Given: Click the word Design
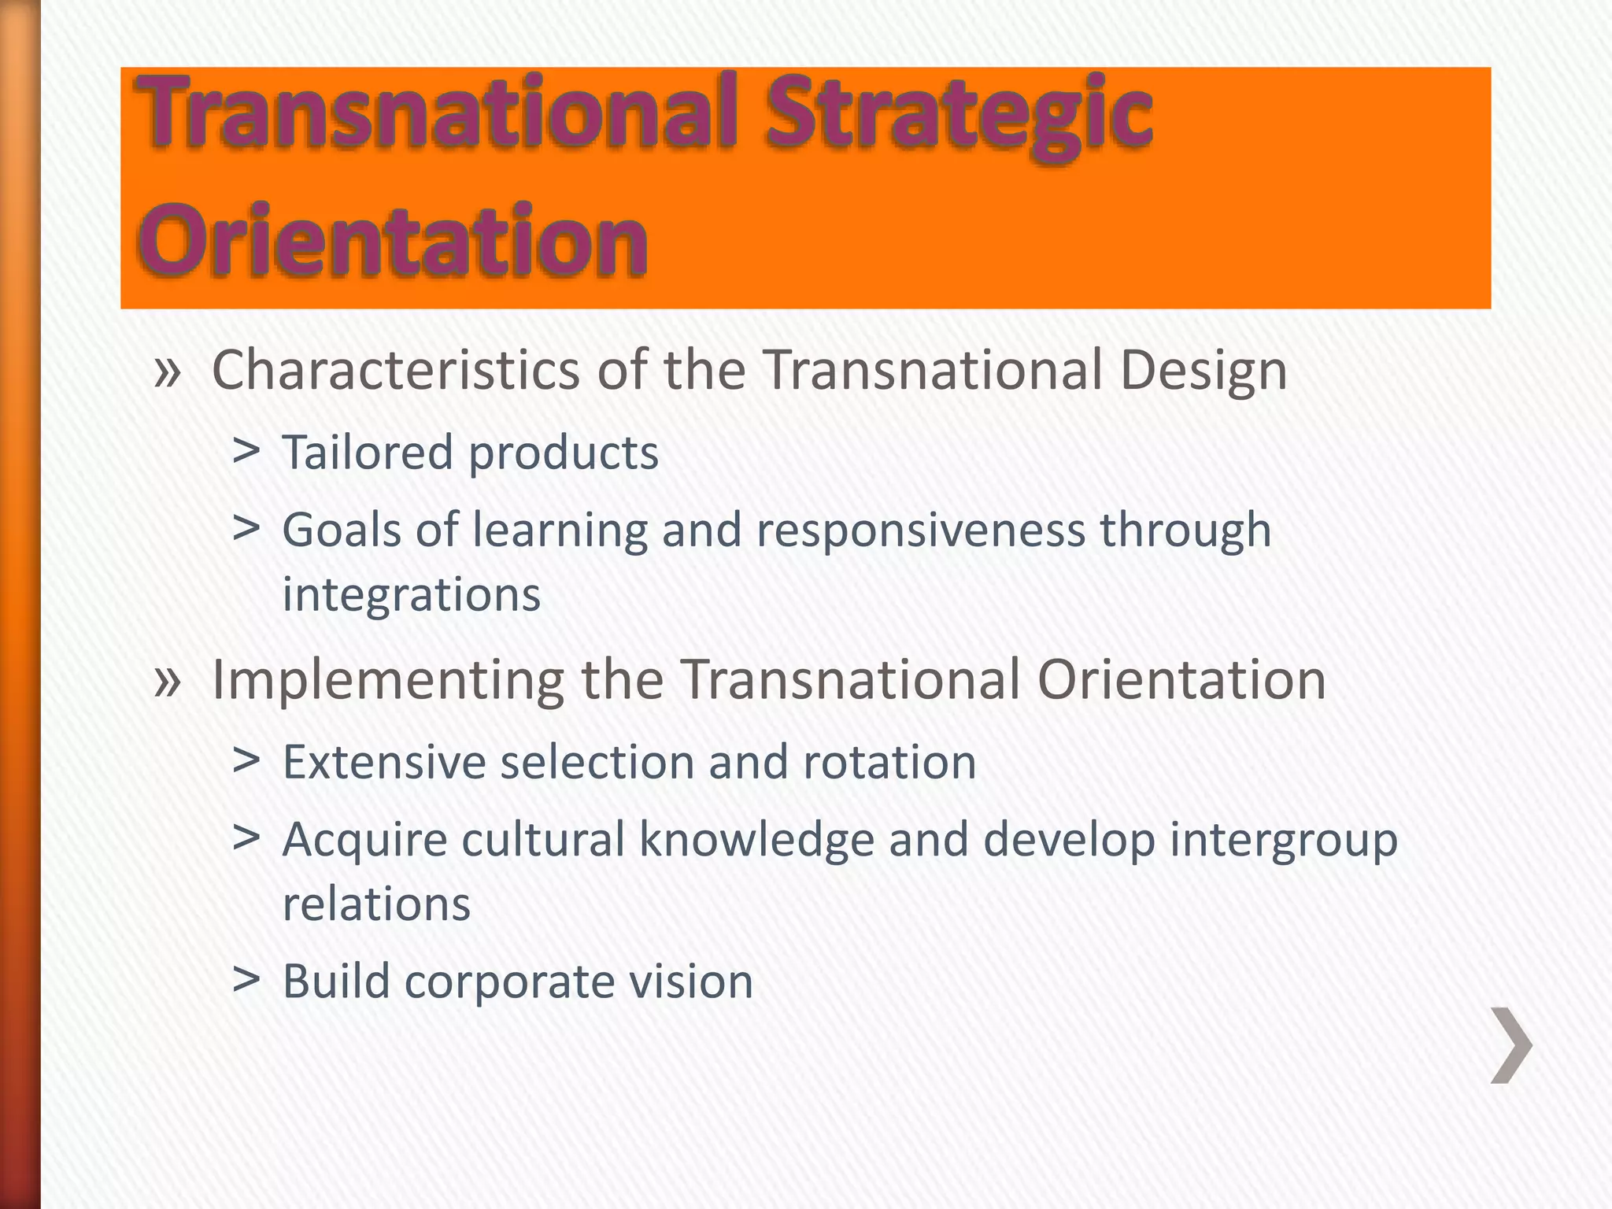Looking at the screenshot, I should click(x=1203, y=372).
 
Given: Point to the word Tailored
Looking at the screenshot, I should click(x=368, y=453).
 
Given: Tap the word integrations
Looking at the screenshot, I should click(x=411, y=595).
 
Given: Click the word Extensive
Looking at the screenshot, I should click(x=384, y=762).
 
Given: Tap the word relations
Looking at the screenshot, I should click(x=376, y=904).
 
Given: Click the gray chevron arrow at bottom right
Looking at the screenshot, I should click(x=1511, y=1045).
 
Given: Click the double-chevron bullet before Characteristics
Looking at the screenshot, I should click(x=168, y=372).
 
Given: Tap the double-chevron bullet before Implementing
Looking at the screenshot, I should click(x=168, y=681).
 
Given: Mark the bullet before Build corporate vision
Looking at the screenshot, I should click(x=246, y=979).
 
